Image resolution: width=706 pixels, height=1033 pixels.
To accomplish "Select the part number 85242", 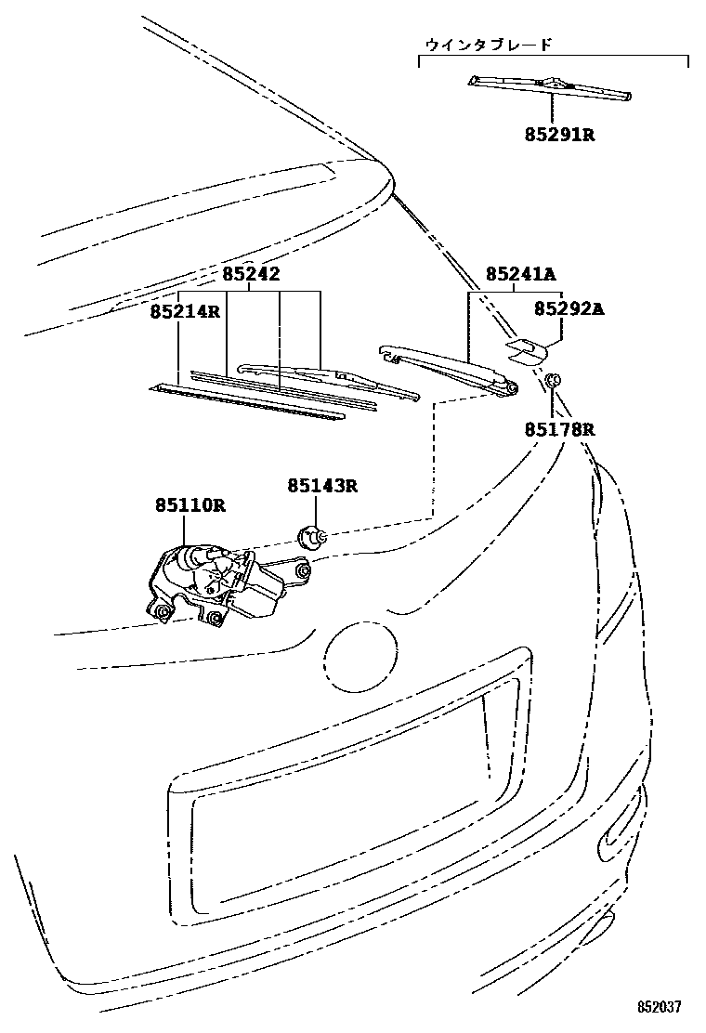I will (251, 274).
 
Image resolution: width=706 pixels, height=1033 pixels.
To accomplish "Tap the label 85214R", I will (185, 311).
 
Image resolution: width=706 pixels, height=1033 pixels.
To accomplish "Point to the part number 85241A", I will (520, 274).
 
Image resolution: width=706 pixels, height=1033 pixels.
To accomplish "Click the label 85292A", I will (569, 309).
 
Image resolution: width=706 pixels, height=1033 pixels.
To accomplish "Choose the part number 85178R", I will (557, 430).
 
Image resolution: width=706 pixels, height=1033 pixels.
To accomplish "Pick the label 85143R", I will (321, 485).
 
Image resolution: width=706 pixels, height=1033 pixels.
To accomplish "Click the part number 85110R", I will (190, 505).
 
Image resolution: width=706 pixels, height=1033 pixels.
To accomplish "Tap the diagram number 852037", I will (660, 1007).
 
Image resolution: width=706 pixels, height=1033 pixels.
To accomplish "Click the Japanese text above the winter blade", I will (488, 44).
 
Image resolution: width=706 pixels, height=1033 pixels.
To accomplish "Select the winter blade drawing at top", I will (550, 86).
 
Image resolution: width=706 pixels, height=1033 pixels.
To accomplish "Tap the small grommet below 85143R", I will (311, 537).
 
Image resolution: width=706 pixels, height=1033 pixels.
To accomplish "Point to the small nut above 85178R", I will (552, 380).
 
